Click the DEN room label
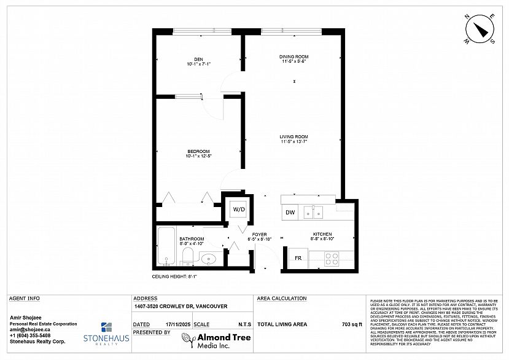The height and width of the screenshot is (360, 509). (198, 59)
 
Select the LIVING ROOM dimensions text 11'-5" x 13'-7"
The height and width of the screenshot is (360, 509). (294, 142)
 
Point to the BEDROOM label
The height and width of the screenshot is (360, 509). (198, 151)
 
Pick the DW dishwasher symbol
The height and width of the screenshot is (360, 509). (290, 213)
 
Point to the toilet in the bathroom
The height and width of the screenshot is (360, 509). (188, 256)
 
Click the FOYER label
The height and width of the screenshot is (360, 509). (258, 234)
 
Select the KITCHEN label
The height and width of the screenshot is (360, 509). (322, 234)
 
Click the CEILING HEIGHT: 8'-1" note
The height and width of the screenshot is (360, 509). (174, 277)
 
